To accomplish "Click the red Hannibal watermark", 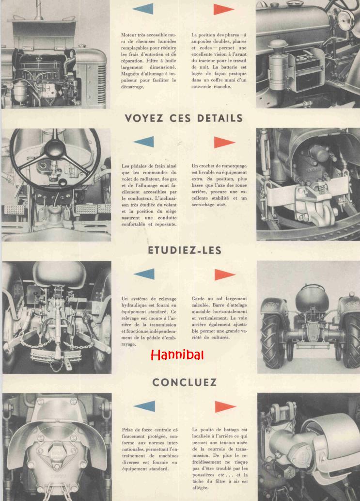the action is [177, 355].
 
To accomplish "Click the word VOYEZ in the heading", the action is [144, 118].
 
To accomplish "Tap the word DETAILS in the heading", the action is [220, 118].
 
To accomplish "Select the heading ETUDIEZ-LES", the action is [185, 250].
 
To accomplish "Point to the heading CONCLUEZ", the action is [185, 383].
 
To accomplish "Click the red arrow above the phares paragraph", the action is [224, 9].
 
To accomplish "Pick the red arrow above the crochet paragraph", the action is [224, 142].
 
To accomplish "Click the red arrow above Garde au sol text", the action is [225, 275].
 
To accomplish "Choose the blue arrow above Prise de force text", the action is [144, 406].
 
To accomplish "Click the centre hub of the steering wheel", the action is [55, 148].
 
